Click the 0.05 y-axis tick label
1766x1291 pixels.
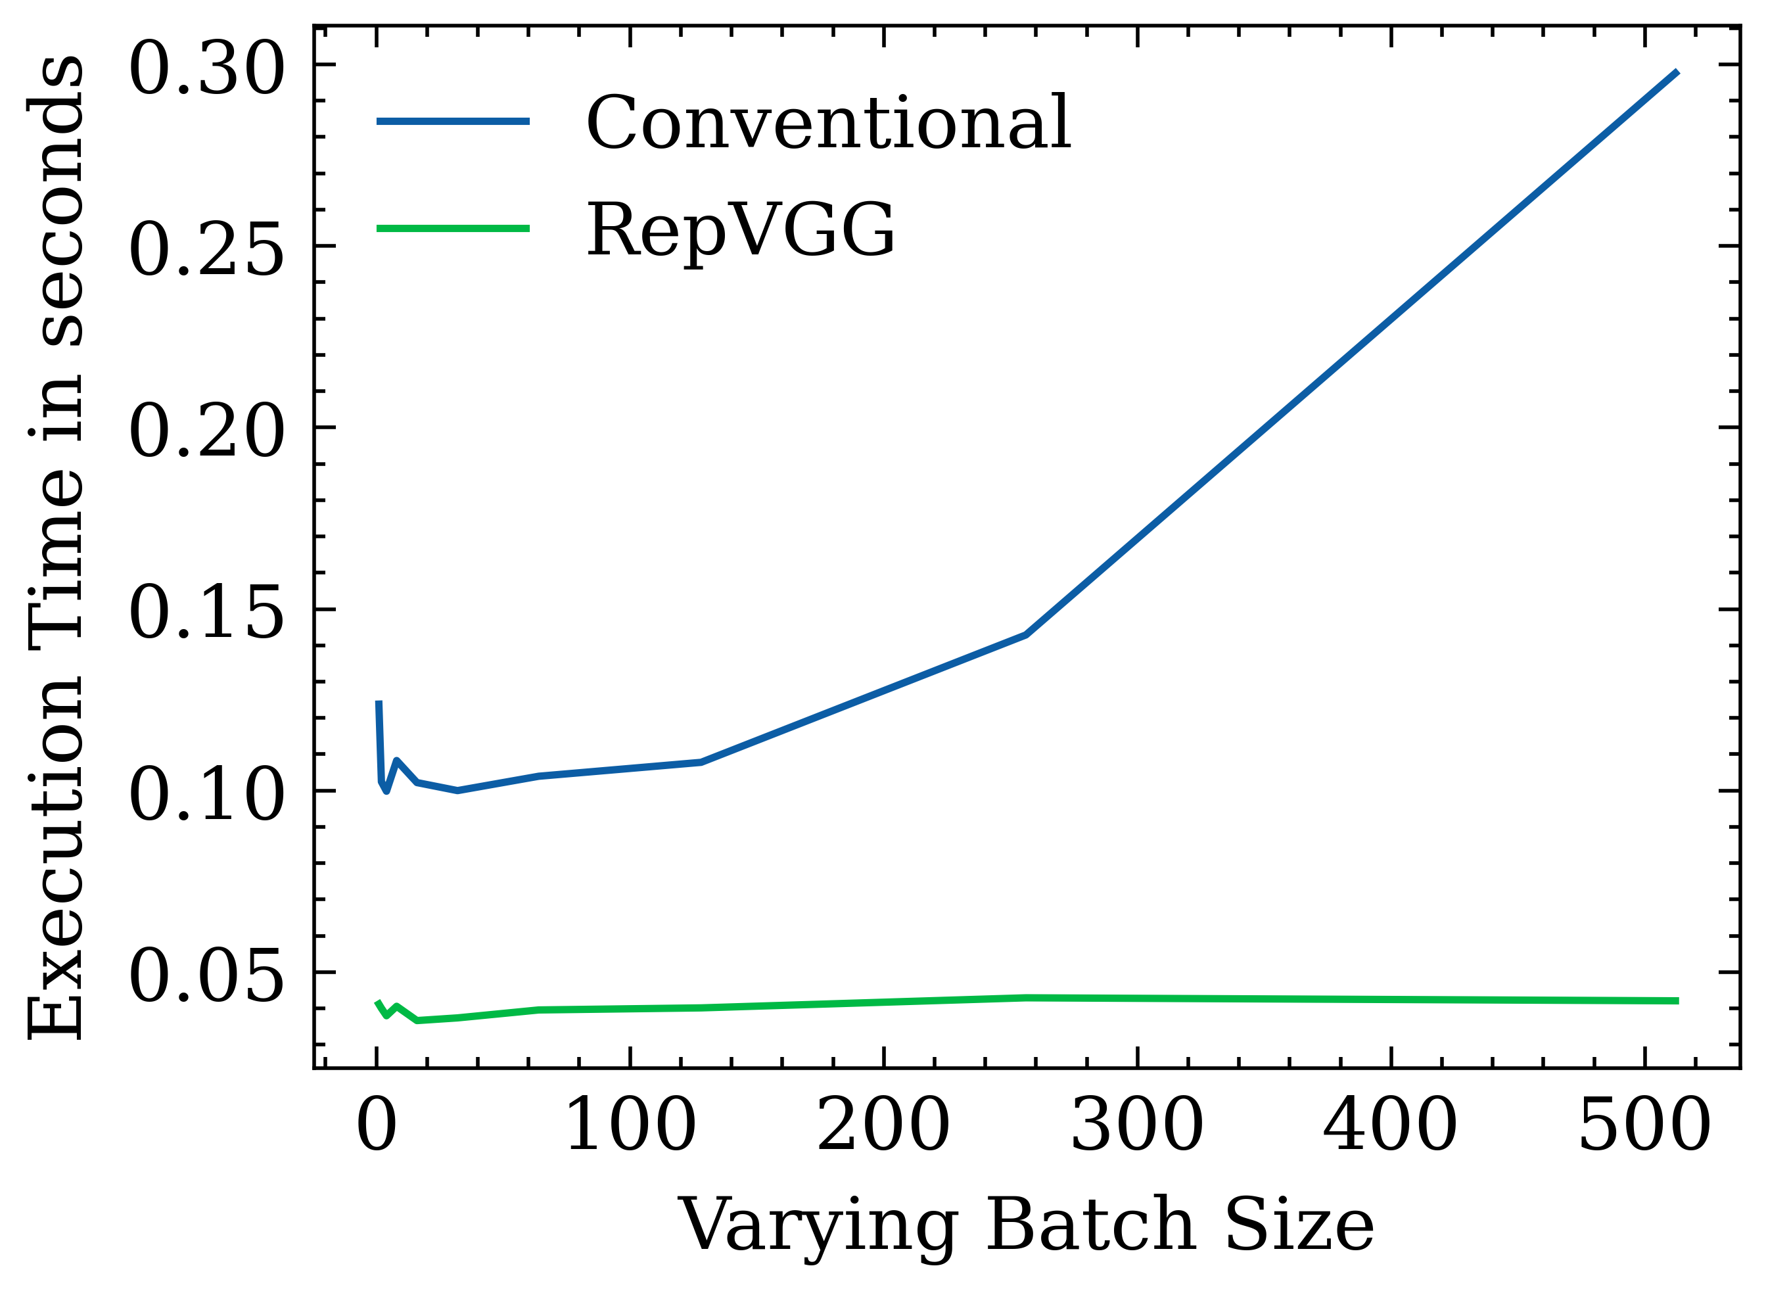(x=206, y=977)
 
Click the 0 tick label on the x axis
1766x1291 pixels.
(x=377, y=1126)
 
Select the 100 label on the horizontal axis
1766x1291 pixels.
(x=630, y=1126)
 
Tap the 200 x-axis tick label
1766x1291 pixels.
(x=883, y=1126)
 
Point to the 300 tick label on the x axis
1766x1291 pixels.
(x=1137, y=1126)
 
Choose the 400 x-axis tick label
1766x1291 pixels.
(x=1390, y=1126)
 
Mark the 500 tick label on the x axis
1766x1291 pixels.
(x=1644, y=1126)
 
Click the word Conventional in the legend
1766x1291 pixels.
(x=828, y=123)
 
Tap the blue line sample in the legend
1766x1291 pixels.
(x=453, y=121)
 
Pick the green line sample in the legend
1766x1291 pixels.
(x=453, y=228)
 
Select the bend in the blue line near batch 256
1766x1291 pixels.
(x=1026, y=634)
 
